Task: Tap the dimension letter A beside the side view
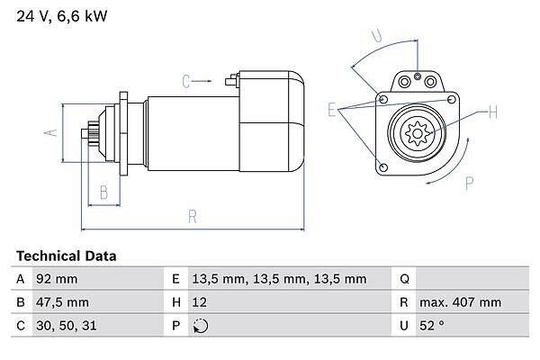(x=52, y=132)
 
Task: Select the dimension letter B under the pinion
(x=104, y=191)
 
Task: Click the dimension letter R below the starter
(x=193, y=216)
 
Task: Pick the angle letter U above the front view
(x=378, y=37)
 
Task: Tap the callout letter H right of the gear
(x=492, y=113)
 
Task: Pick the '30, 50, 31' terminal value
(x=65, y=325)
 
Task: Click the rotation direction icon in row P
(x=201, y=325)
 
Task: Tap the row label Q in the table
(x=404, y=280)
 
